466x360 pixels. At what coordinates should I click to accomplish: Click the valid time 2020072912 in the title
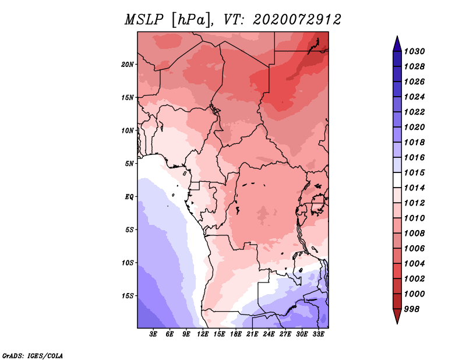coord(296,20)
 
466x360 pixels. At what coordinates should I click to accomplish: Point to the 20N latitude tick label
coord(128,64)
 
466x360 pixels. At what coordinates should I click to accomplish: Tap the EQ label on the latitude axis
coord(130,196)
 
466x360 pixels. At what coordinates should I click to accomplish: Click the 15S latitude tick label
coord(128,295)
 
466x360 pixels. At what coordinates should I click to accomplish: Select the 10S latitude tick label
coord(128,263)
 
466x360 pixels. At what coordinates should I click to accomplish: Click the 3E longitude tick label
coord(154,334)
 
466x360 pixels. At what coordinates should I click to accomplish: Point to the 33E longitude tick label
coord(318,334)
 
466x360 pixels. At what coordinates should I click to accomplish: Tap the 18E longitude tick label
coord(236,334)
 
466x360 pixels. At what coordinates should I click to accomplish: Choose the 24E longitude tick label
coord(269,334)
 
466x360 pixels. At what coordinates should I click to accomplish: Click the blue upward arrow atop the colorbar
coord(397,43)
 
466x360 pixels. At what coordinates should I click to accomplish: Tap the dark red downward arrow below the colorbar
coord(397,316)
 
